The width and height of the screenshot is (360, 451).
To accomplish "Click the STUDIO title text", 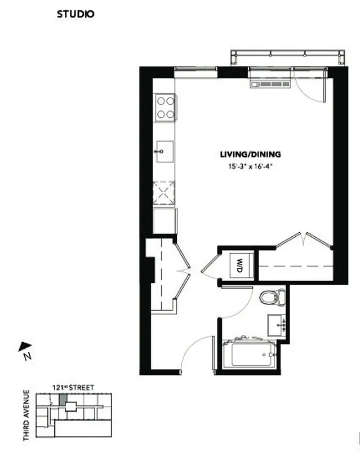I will [75, 14].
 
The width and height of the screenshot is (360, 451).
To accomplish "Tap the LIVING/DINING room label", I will [250, 154].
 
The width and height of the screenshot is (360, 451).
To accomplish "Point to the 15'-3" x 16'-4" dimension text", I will [250, 166].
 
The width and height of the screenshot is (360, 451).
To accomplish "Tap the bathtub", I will [248, 354].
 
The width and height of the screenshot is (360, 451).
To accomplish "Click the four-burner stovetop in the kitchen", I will [165, 107].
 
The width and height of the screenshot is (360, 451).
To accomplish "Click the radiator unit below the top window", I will [270, 85].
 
